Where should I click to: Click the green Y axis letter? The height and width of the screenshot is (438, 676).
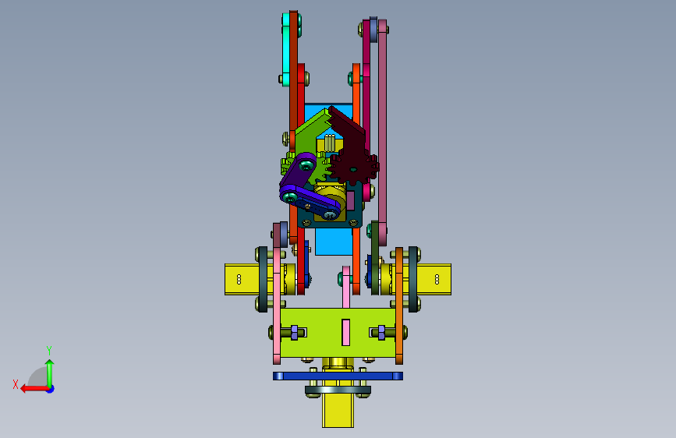49,350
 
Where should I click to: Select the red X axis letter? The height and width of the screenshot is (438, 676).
16,384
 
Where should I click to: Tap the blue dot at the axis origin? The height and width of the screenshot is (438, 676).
51,389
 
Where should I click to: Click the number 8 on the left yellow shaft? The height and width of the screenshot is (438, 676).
239,280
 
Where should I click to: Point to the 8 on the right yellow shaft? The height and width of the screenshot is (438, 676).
437,280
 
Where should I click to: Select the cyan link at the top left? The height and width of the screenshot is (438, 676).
286,48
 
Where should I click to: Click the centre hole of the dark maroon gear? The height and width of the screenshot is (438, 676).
353,170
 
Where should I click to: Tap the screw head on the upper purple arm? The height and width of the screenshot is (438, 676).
306,164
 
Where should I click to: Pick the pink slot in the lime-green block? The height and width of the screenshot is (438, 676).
345,332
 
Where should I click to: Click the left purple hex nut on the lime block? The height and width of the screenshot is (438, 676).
295,332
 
